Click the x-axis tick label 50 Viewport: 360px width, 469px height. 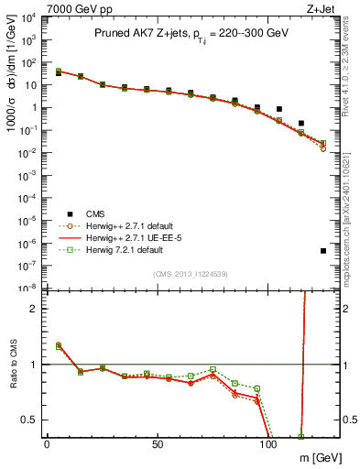(158, 444)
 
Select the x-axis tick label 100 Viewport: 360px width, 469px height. (268, 444)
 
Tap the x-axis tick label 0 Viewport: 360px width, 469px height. (47, 444)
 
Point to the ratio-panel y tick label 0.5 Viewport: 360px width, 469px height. (29, 420)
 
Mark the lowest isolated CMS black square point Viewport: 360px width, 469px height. (323, 251)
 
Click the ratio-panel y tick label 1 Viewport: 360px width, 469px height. (34, 365)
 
